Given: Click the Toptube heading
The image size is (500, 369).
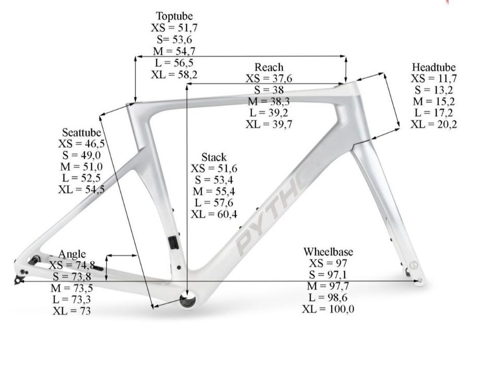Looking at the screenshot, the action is click(174, 16).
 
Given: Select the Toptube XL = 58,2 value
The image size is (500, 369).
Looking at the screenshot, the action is click(174, 74).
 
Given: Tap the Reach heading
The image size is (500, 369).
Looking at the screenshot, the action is click(269, 67).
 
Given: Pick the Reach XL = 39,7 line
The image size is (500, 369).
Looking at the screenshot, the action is click(269, 124).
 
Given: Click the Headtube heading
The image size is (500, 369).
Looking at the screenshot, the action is click(434, 67).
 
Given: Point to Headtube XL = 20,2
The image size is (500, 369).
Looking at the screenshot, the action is click(434, 124).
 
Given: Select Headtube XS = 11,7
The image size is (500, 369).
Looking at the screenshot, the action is click(434, 79).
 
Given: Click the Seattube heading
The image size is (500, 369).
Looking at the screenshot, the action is click(81, 133).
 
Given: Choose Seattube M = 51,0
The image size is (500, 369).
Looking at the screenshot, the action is click(81, 167).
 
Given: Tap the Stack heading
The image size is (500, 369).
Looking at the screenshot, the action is click(214, 157).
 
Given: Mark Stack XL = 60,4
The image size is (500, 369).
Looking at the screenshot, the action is click(214, 214).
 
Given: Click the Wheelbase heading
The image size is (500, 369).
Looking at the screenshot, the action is click(328, 252).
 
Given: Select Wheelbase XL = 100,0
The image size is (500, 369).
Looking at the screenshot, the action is click(328, 309).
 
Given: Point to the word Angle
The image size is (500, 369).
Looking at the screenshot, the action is click(72, 254).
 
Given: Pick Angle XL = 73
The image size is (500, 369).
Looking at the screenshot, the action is click(72, 311).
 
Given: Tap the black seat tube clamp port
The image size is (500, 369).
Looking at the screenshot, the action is click(173, 243).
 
